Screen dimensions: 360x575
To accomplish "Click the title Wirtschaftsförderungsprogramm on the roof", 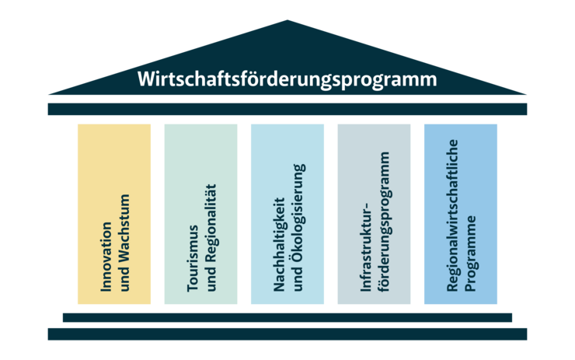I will (x=287, y=79).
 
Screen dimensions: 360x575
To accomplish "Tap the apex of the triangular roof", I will (x=287, y=23).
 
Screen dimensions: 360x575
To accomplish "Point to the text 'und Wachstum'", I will (x=124, y=243).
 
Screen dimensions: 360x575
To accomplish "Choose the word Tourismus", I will (x=193, y=258).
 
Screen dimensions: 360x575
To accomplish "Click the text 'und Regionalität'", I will (x=211, y=238).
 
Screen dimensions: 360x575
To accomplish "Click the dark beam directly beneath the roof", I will (x=287, y=109).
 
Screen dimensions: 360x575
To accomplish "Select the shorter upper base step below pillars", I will (x=287, y=317).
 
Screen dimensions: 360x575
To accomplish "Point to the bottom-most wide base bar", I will (x=287, y=334).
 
